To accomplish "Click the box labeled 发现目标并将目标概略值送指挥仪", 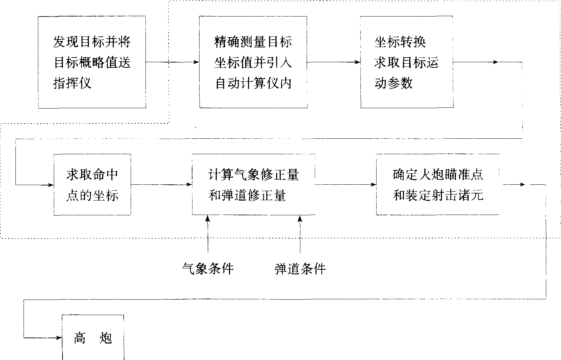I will coord(92,62).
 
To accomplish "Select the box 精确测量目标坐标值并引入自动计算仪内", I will coord(253,62).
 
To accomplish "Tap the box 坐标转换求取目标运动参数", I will coord(406,62).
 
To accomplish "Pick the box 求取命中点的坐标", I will coord(92,184).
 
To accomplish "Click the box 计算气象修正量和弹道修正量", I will coord(253,184).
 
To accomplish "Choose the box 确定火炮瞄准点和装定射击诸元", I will coord(438,184).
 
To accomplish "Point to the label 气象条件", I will coord(208,269).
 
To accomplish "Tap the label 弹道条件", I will coord(300,269).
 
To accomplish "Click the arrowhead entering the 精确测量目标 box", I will coord(196,62).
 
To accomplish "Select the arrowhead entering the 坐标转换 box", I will coord(358,62).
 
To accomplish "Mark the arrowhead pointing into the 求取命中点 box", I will coord(51,185).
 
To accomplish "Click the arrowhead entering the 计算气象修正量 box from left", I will coord(189,185).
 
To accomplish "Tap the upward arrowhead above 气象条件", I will coord(208,218).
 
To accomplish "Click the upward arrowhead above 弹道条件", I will coord(300,218).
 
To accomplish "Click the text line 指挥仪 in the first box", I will coord(72,83).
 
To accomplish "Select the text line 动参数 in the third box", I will coord(393,83).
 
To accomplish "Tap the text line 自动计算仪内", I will coord(253,83).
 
